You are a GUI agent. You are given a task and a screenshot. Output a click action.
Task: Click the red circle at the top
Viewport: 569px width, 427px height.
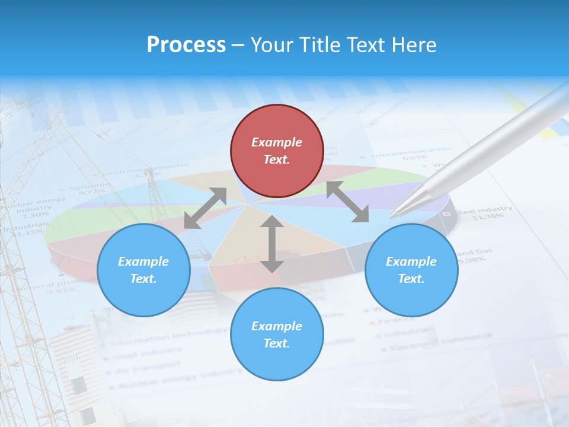click(277, 151)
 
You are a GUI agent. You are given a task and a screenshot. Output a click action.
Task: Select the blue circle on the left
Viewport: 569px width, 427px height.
click(143, 270)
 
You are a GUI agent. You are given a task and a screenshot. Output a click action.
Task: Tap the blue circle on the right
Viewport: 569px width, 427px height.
click(411, 270)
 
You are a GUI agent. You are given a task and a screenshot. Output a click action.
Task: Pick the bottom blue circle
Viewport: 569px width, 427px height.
click(277, 334)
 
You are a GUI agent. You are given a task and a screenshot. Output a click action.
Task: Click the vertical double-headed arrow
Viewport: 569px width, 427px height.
click(272, 244)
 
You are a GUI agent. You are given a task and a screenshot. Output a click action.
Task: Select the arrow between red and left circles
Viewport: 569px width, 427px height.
click(205, 208)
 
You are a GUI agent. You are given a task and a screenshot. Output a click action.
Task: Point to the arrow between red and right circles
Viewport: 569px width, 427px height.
click(348, 202)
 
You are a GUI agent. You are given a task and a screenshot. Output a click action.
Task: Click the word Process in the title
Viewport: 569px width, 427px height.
click(186, 44)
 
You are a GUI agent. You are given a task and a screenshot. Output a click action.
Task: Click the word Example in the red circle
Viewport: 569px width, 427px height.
click(277, 142)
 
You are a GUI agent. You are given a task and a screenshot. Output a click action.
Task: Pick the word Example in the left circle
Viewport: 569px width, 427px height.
click(143, 262)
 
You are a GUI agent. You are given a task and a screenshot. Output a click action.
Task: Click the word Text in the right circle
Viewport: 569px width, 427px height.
click(410, 279)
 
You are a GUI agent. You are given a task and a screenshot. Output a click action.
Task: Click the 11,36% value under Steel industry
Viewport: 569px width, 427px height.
click(487, 216)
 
